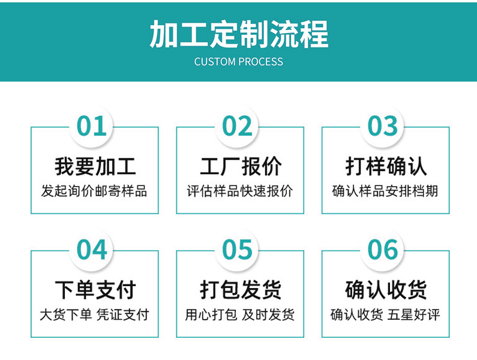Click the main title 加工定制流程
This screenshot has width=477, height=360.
click(239, 34)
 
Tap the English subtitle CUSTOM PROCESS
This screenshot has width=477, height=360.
click(239, 62)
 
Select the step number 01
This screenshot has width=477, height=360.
click(92, 126)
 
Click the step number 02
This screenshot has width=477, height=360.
click(237, 126)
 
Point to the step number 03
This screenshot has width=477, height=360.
click(383, 126)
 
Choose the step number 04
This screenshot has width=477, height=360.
click(92, 250)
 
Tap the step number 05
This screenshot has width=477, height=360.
click(237, 250)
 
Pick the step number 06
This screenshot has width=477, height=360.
click(383, 250)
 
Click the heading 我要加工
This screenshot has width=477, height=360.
click(95, 166)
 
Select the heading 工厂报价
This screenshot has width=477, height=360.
click(241, 166)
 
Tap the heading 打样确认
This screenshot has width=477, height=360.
click(386, 166)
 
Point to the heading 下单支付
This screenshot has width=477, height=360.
click(95, 290)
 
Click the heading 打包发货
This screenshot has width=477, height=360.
click(241, 290)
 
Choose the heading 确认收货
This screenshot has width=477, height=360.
click(386, 290)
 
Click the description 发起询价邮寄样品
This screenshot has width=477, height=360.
click(94, 191)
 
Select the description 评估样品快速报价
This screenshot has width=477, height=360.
click(240, 191)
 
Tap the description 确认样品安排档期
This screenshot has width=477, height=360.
click(385, 191)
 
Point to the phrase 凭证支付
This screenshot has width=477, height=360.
click(123, 314)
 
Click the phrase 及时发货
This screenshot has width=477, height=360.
click(268, 314)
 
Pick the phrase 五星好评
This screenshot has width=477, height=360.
click(414, 314)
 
